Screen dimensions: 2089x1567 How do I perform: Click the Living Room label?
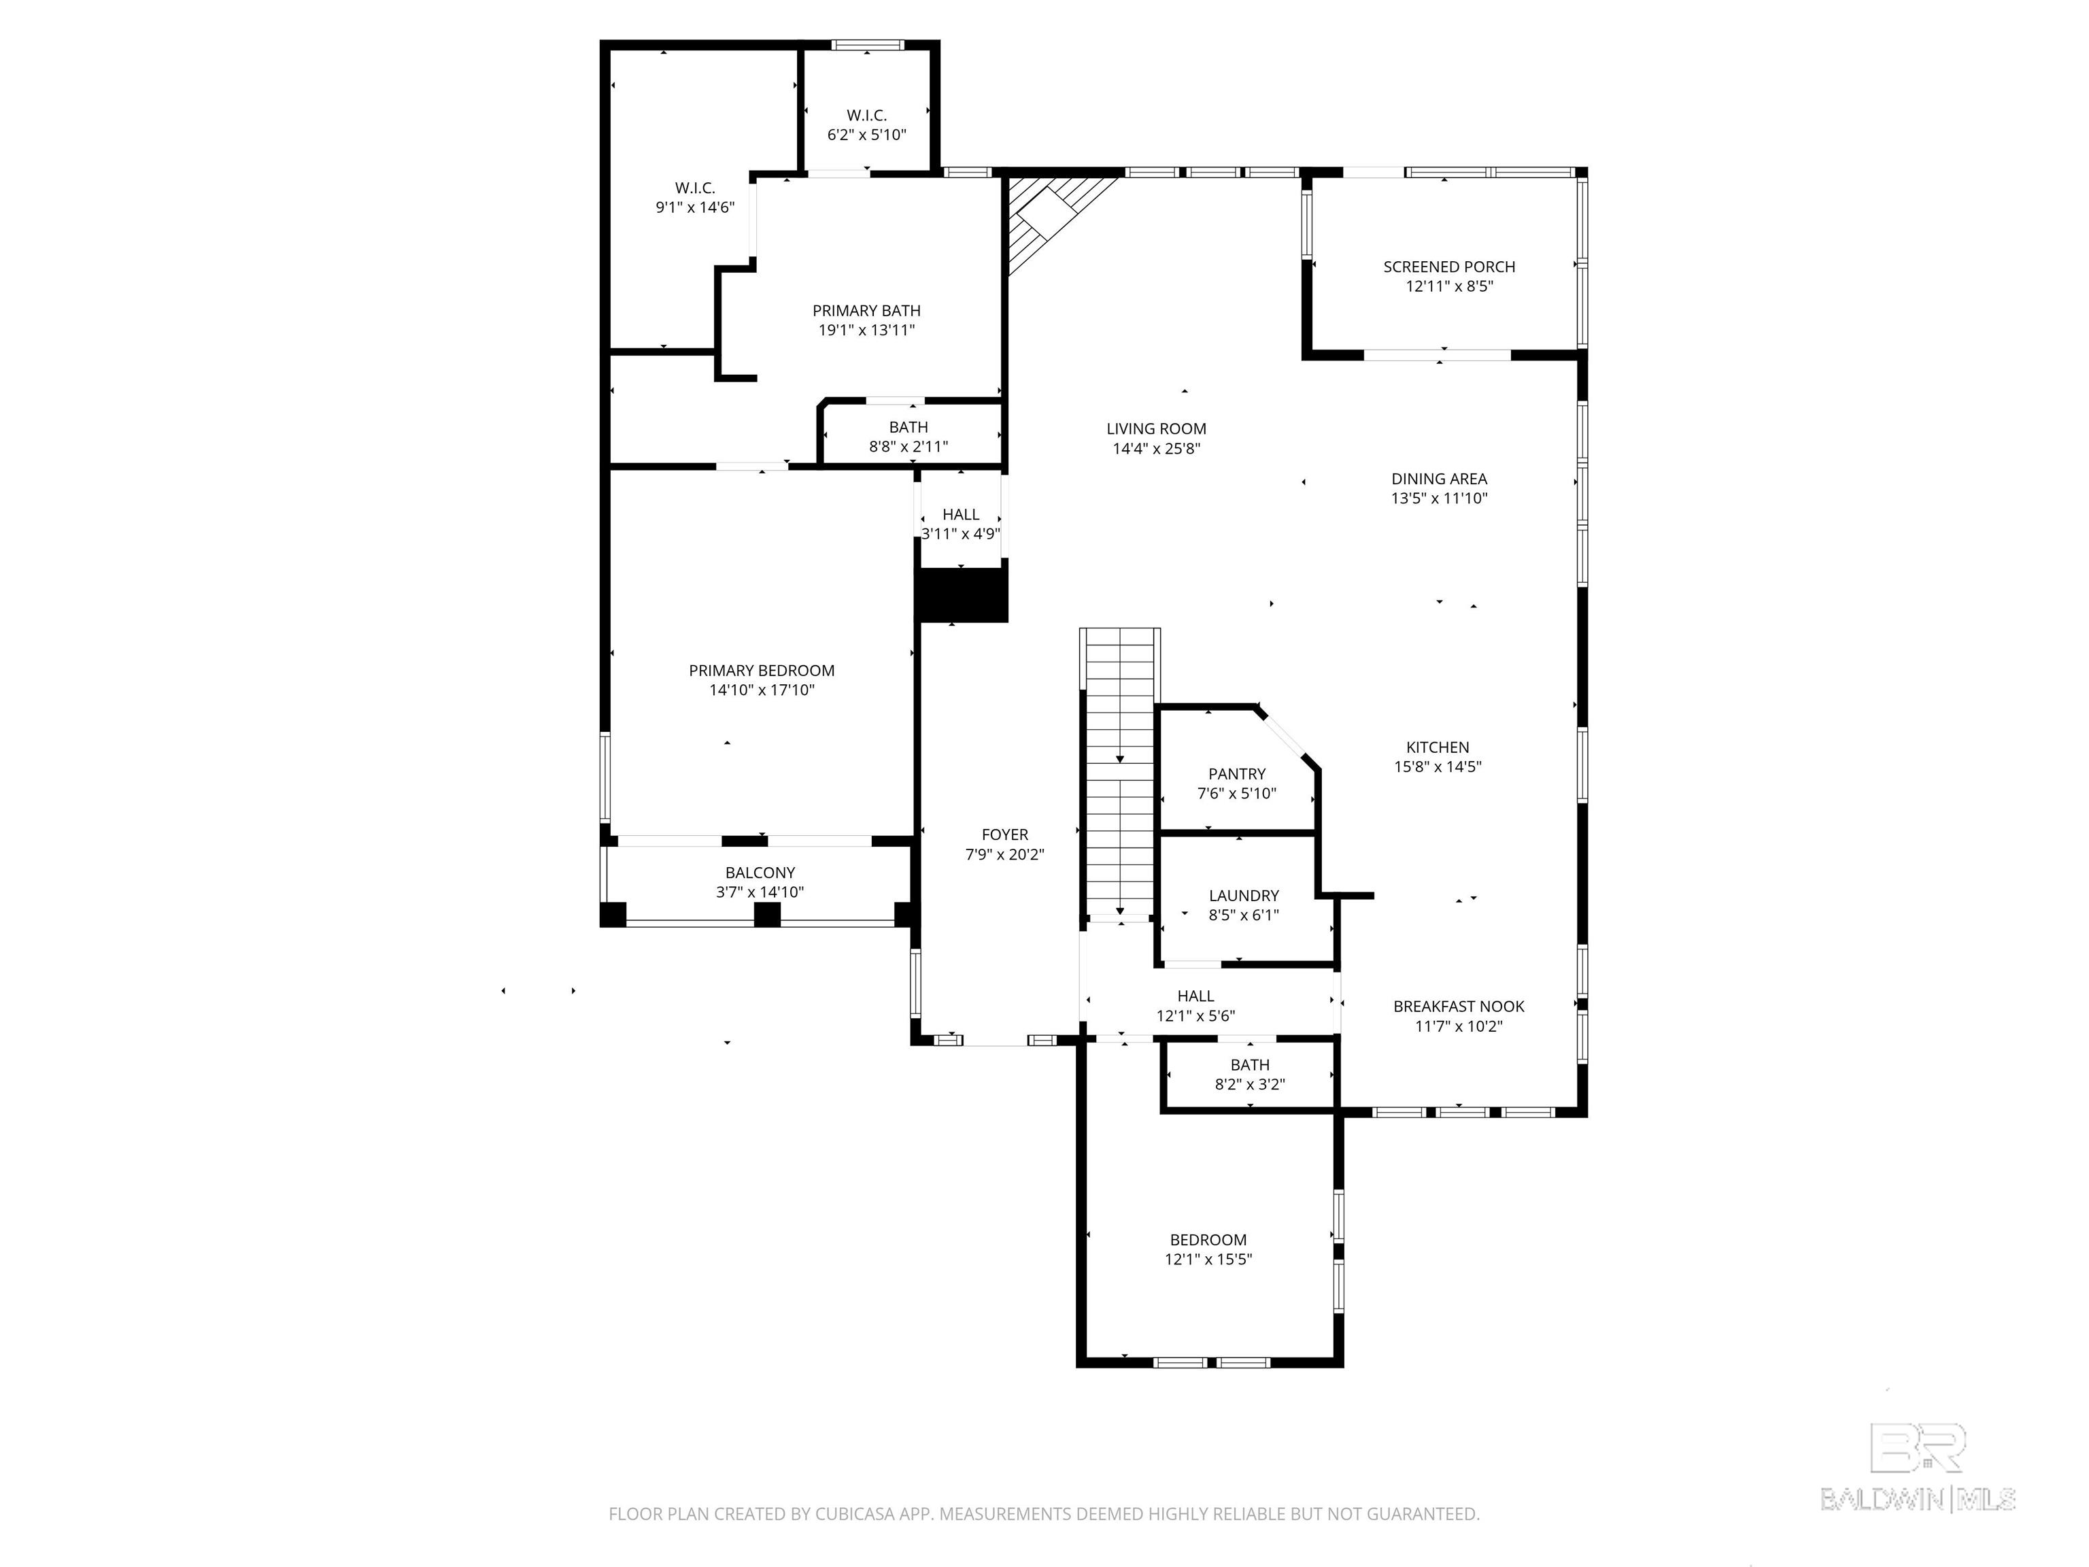coord(1156,429)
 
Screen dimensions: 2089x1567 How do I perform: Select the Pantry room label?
coord(1236,773)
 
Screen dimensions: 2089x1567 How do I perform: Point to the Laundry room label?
coord(1244,896)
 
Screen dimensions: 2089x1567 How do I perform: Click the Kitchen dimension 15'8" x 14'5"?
coord(1438,767)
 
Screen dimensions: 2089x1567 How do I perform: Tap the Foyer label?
coord(1005,835)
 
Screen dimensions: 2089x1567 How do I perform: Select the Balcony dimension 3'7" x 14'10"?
coord(760,892)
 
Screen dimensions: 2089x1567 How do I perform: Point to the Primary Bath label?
coord(866,311)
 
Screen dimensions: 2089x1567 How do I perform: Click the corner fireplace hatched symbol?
coord(1049,219)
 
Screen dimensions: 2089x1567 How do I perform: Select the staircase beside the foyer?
coord(1120,773)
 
